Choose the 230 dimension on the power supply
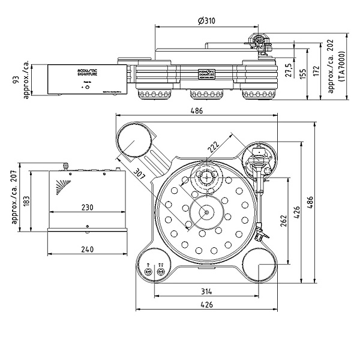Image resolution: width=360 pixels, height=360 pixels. coord(87,207)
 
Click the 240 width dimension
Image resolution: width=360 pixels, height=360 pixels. coord(87,250)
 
